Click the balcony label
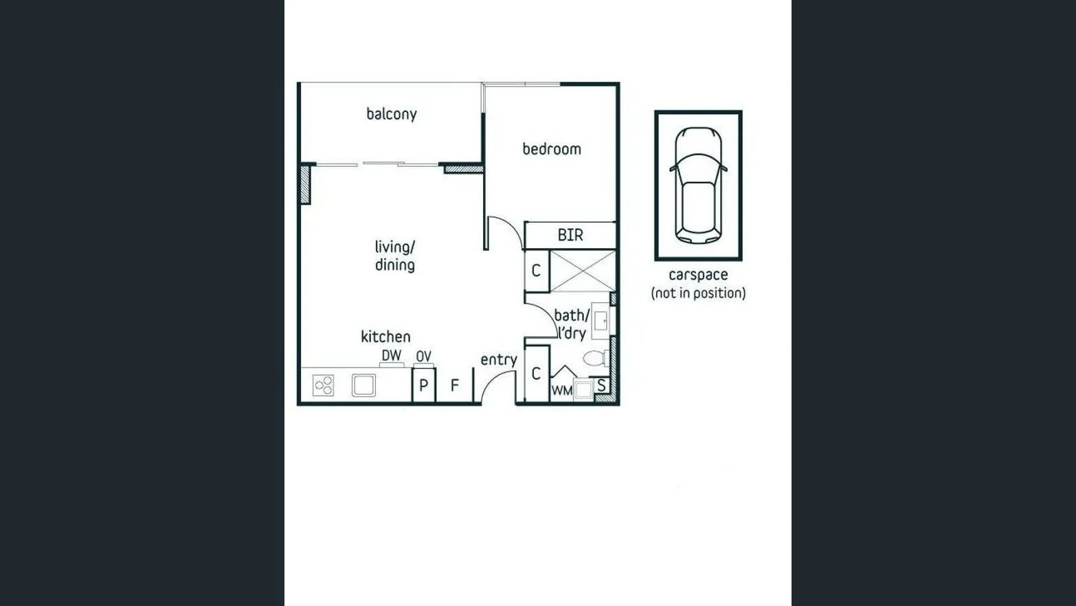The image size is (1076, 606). (391, 114)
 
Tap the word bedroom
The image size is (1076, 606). (552, 149)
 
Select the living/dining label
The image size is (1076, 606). (394, 256)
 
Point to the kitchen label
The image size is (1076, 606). (385, 337)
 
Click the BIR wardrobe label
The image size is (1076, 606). (570, 235)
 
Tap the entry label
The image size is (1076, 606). (499, 359)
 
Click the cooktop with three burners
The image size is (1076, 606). (324, 385)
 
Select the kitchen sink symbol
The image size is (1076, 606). (363, 385)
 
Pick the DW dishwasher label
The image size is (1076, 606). (392, 355)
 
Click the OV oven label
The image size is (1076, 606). (423, 357)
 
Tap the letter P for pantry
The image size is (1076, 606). (424, 385)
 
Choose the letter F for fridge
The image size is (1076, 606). (454, 385)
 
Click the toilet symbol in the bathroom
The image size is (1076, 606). (594, 358)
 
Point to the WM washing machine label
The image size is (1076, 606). (561, 390)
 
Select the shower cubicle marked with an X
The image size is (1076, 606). (583, 271)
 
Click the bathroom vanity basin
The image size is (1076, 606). (601, 321)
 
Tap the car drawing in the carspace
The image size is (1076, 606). (698, 185)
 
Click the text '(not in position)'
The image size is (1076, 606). (698, 293)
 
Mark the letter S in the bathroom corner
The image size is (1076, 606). (602, 385)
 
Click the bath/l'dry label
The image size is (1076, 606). (572, 324)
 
